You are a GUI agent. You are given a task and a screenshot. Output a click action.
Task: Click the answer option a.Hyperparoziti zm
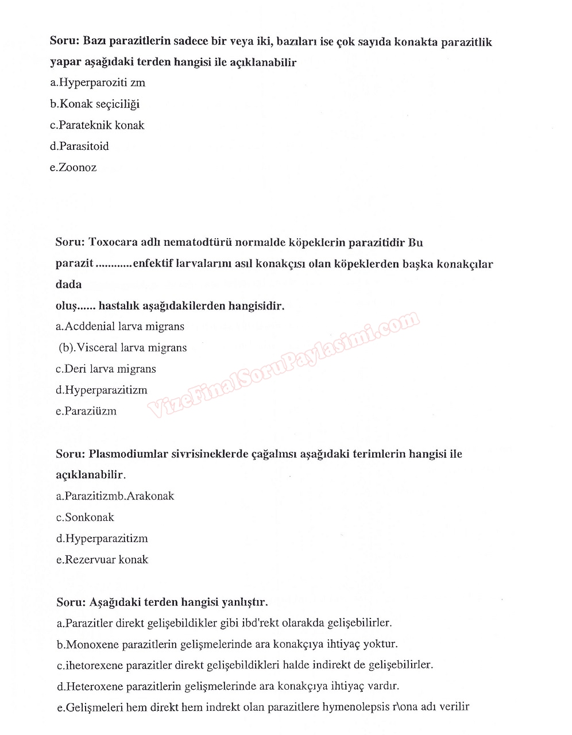pos(98,83)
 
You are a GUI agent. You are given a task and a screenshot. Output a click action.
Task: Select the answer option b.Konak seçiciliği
pos(95,104)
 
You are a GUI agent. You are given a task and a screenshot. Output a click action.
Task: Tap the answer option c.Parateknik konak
pos(97,125)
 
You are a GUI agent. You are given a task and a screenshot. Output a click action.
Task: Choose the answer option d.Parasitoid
pos(79,146)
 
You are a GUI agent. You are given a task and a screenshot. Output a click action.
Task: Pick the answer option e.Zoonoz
pos(73,168)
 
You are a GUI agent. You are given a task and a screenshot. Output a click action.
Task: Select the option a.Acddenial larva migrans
pos(120,327)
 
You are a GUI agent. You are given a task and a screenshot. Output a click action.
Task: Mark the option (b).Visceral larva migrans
pos(123,348)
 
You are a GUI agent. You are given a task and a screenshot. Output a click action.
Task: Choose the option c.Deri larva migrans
pos(106,369)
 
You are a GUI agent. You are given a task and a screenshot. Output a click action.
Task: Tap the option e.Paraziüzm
pos(86,411)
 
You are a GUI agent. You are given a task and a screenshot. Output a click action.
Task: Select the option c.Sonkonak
pos(85,517)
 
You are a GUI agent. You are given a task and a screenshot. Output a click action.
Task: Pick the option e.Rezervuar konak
pos(102,560)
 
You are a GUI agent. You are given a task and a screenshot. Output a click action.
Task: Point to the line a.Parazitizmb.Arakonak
pos(115,496)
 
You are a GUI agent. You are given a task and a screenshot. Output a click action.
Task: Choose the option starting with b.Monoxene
pos(227,644)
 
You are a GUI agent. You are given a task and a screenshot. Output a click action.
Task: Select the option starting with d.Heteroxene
pos(228,686)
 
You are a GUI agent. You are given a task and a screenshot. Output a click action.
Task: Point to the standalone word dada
pos(68,285)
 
